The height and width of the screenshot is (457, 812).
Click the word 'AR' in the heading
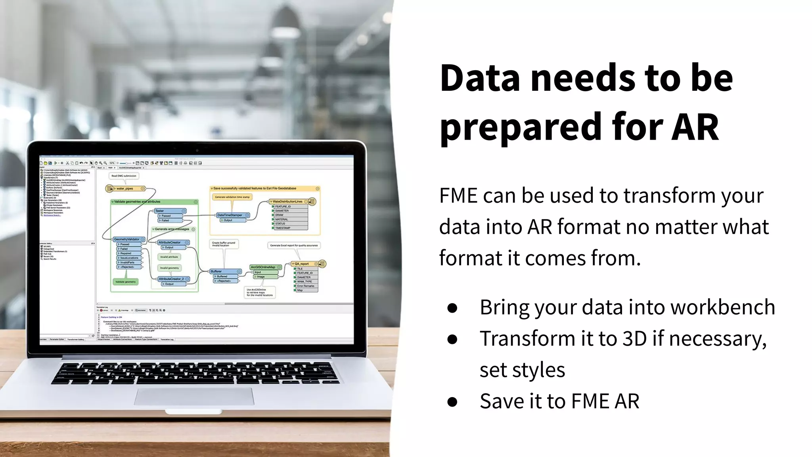[695, 127]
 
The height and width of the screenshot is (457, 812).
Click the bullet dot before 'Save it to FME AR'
[452, 401]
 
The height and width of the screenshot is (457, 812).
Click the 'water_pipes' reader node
[125, 188]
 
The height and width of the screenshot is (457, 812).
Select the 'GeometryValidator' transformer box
[127, 239]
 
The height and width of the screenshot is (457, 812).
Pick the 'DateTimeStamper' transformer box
[230, 215]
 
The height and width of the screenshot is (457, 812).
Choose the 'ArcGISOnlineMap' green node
[263, 267]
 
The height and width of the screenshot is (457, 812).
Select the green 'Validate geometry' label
[125, 282]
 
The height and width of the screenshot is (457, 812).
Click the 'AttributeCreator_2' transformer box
[171, 279]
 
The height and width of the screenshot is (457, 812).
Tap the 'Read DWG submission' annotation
[124, 176]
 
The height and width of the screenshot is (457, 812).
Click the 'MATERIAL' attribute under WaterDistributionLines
[282, 219]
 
